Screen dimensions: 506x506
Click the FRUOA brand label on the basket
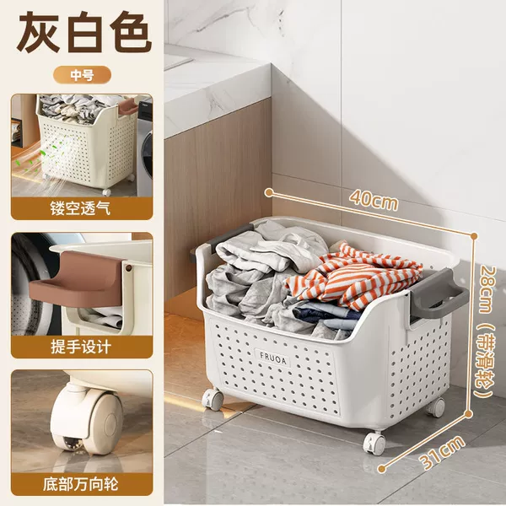coord(273,358)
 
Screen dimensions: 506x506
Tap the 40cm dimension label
coord(374,200)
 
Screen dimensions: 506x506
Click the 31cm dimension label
coord(443,452)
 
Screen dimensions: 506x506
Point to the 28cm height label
coord(485,288)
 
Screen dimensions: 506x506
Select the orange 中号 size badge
coord(82,75)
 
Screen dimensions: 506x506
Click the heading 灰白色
coord(84,32)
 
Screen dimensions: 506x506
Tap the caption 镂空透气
coord(80,208)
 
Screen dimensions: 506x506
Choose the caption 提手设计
coord(81,347)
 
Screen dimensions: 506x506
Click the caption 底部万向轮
coord(81,484)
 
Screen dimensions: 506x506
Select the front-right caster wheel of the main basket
coord(374,443)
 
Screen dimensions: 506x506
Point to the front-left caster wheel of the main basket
coord(213,399)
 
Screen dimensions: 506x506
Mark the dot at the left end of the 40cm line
coord(268,192)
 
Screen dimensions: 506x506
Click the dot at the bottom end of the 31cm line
coord(382,469)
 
